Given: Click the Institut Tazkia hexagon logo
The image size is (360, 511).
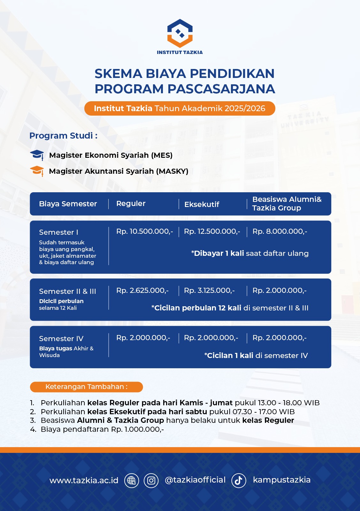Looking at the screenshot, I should click(180, 33).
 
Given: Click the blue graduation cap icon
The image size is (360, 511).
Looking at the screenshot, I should click(37, 155).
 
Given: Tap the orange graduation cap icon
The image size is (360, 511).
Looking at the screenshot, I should click(37, 171).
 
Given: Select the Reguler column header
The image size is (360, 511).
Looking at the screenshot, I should click(131, 204).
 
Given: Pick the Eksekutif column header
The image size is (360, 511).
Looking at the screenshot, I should click(202, 204).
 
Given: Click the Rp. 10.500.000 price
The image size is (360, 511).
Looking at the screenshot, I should click(144, 232).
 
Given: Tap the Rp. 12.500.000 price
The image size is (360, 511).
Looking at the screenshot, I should click(212, 232).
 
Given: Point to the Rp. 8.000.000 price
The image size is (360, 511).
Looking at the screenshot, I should click(280, 232).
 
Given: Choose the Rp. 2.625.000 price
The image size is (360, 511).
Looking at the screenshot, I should click(142, 291).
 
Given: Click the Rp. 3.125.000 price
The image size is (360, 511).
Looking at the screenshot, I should click(209, 291).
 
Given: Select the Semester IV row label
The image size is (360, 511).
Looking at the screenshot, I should click(61, 339).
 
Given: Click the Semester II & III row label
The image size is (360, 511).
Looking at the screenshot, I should click(67, 291).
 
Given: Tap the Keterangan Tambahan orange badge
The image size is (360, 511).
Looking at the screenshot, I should click(86, 387).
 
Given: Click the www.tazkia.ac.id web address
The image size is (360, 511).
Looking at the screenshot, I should click(84, 480).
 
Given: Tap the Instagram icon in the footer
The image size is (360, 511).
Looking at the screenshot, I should click(151, 480).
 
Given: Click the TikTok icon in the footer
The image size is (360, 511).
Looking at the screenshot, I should click(239, 480).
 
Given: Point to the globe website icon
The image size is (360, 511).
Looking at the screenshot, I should click(131, 480).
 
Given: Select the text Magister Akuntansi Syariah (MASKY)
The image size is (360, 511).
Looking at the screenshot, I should click(119, 171).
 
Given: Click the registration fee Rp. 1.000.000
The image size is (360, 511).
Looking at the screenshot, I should click(137, 429).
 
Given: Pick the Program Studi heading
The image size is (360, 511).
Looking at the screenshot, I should click(63, 136).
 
